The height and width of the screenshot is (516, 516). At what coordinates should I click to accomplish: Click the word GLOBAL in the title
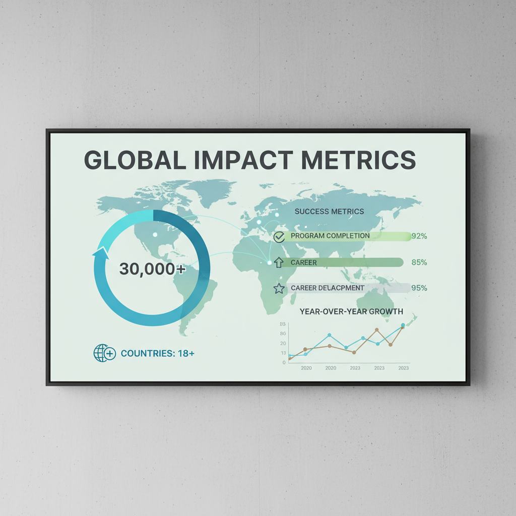[131, 159]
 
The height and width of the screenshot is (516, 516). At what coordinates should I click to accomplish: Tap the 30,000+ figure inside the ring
[152, 269]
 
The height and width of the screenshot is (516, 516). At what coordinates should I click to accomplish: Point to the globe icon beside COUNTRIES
[104, 353]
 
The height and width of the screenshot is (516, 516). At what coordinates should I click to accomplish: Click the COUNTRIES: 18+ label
[158, 353]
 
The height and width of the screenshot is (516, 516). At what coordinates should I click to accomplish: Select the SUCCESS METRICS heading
[329, 212]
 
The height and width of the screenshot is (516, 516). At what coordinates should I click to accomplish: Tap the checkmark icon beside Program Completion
[279, 236]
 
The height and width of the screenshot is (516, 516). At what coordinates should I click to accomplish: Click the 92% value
[419, 236]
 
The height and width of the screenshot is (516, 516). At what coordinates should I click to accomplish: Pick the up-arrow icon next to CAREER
[279, 262]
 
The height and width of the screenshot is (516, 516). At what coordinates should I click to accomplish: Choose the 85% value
[419, 262]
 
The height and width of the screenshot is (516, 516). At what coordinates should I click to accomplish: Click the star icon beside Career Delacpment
[279, 288]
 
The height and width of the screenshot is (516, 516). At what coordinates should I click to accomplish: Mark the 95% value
[419, 288]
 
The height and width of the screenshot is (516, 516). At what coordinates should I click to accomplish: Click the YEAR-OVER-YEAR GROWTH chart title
[351, 311]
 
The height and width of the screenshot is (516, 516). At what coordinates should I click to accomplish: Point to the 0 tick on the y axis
[284, 362]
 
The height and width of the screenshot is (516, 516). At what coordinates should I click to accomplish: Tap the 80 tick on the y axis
[283, 334]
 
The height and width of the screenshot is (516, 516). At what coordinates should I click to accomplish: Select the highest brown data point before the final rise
[377, 330]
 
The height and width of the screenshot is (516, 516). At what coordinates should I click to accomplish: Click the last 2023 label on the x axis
[403, 368]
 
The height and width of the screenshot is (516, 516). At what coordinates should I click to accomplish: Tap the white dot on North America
[155, 235]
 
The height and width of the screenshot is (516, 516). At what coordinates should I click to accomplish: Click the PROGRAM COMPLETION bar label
[330, 236]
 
